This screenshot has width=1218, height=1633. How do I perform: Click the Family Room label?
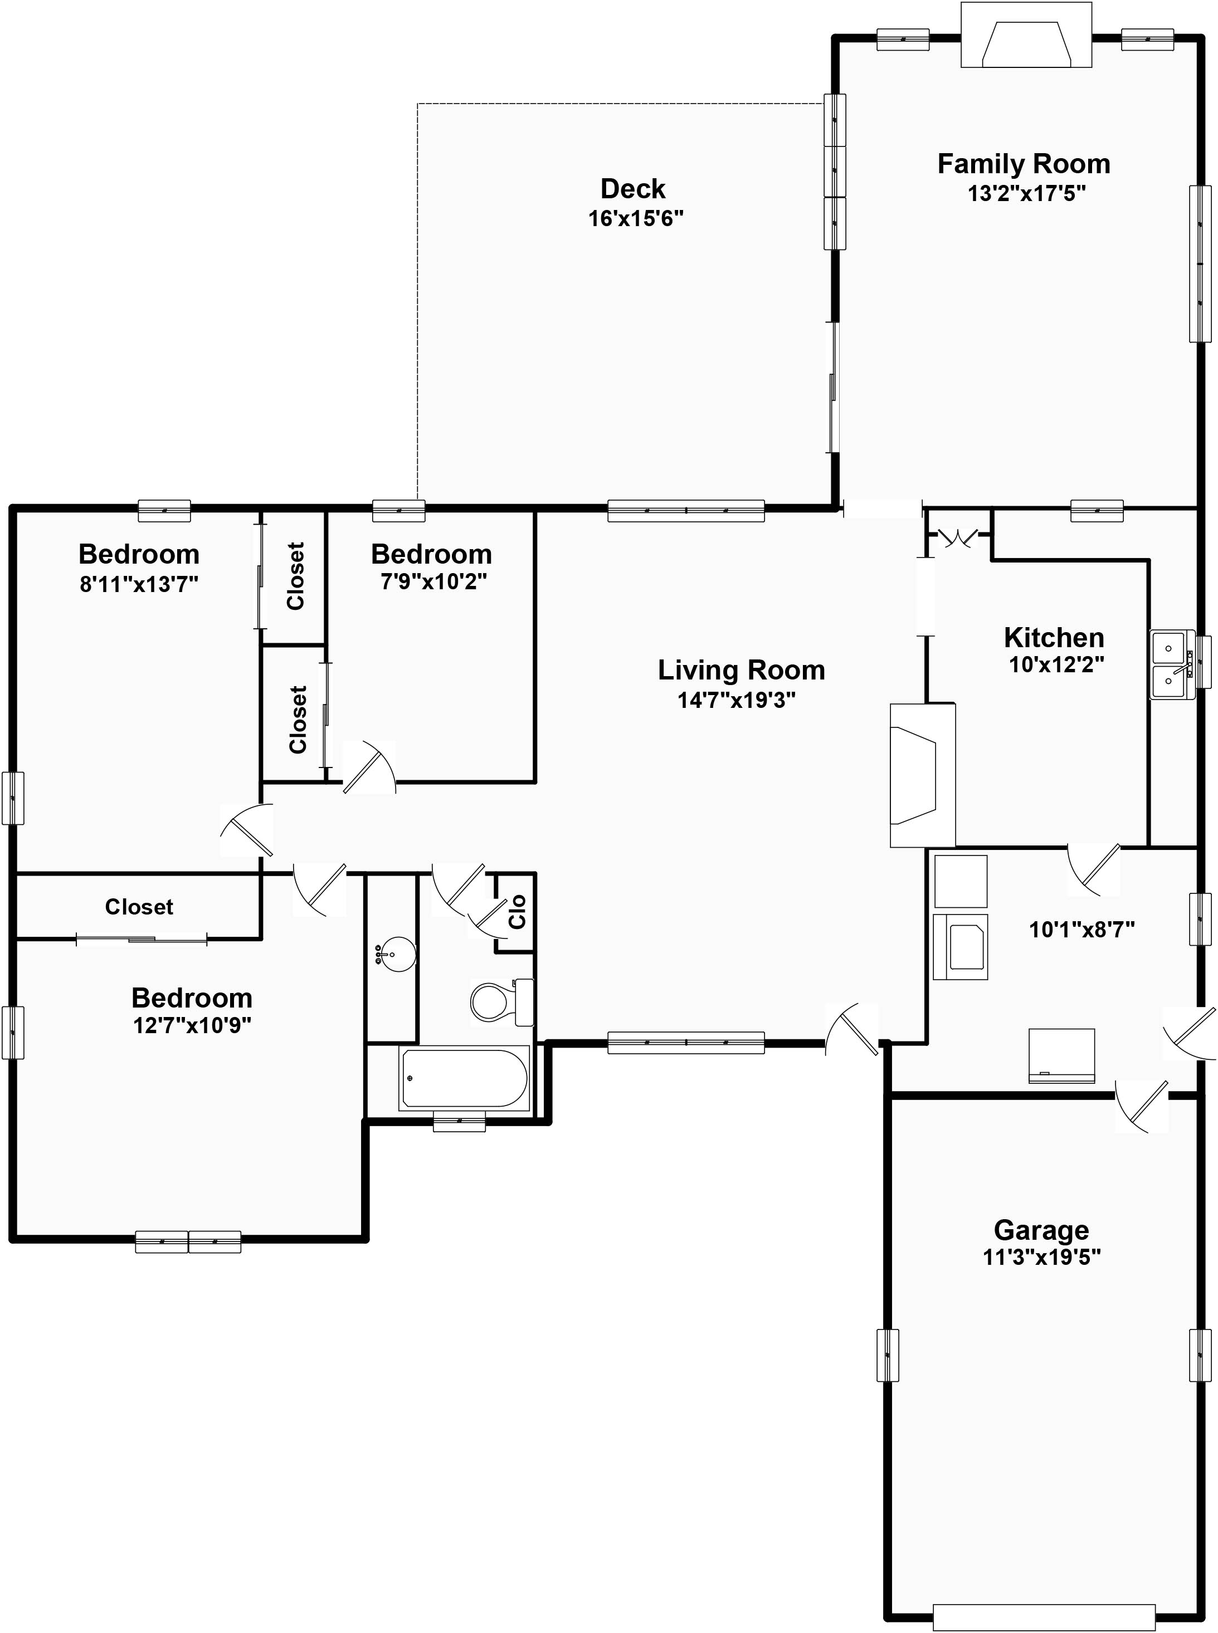pos(1024,164)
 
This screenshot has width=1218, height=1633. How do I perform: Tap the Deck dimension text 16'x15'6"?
pos(636,219)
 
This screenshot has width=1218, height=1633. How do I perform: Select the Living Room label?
pos(741,670)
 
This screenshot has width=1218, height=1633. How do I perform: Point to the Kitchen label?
pos(1054,637)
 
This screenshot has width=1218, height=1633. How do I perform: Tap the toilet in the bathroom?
pos(502,1001)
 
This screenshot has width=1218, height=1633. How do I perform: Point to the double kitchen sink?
pos(1173,664)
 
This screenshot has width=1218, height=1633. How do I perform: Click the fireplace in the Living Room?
pos(922,775)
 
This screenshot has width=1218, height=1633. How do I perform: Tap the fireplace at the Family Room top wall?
pos(1026,35)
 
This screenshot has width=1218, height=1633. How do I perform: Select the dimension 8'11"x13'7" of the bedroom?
pos(139,584)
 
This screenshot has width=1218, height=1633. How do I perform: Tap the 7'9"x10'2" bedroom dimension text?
pos(433,581)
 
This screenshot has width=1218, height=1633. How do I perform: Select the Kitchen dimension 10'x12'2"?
pos(1056,664)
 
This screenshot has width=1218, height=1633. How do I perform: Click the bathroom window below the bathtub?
pos(459,1122)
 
